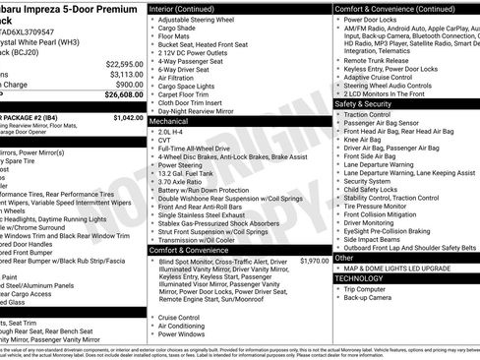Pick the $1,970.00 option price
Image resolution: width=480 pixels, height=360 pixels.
[x=315, y=261]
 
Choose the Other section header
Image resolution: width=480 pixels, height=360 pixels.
[x=344, y=258]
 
